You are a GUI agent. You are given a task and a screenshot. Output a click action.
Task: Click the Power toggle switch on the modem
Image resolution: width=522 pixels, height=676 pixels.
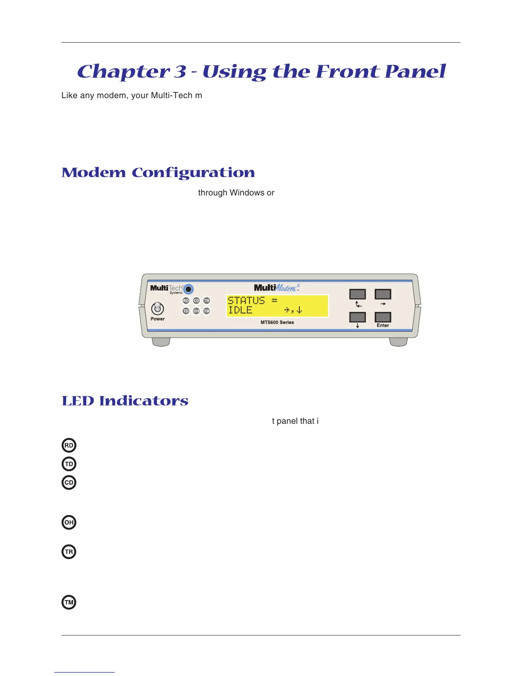coord(158,308)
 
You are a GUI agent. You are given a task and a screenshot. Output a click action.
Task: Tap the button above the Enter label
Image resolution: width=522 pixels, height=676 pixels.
coord(383,317)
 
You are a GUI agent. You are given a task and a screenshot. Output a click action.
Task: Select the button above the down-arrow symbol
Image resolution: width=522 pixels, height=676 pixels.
coord(357,317)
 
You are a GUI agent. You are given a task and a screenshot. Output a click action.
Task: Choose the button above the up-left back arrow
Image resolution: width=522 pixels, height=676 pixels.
coord(357,294)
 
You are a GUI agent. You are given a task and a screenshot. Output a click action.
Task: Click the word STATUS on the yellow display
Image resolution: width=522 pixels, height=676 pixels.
coord(246,300)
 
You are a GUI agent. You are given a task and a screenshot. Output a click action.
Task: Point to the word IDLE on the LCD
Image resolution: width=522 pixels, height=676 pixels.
coord(240,310)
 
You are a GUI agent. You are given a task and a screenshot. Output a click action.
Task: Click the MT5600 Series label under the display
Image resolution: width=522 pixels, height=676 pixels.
coord(277,322)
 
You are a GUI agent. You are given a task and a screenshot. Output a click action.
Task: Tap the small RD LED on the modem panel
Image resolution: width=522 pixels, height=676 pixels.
coord(186,300)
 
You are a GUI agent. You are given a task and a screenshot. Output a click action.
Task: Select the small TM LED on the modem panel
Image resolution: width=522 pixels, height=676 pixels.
coord(207,311)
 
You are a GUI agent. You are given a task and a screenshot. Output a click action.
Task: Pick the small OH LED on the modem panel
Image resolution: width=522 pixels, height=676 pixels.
coord(196,311)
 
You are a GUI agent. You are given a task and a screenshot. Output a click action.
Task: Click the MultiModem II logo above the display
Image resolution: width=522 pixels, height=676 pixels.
coord(277,288)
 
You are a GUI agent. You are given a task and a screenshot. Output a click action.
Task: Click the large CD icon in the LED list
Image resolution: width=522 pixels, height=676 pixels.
coord(69,483)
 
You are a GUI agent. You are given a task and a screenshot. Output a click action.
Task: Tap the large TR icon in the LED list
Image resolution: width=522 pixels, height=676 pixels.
coord(69,552)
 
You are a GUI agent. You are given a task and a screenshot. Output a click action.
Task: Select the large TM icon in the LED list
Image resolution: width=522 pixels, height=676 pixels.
coord(69,603)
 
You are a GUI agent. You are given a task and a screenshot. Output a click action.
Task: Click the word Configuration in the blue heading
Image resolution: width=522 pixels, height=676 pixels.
coord(193,173)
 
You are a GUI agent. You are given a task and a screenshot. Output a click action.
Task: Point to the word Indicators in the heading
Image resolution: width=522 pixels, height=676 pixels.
coord(144,401)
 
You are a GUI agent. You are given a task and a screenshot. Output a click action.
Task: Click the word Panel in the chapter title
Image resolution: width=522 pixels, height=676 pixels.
coord(415,71)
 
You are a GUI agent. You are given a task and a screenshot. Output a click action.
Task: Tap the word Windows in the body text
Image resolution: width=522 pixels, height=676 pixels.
coord(247,193)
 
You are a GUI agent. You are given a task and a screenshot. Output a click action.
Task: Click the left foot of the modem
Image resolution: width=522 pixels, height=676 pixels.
coord(161,342)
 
